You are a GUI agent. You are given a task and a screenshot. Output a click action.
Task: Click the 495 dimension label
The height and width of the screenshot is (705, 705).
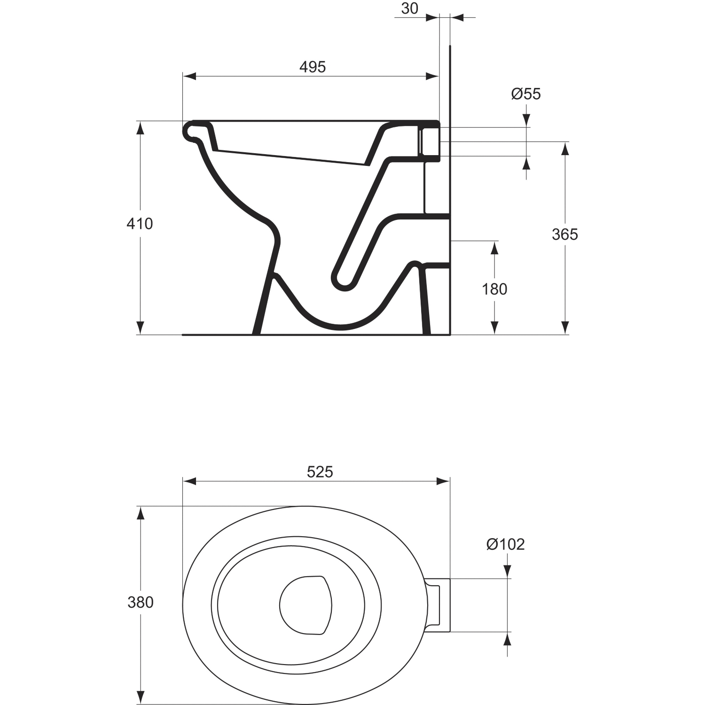click(x=313, y=67)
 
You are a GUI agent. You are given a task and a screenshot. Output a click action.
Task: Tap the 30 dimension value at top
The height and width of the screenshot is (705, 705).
click(x=410, y=8)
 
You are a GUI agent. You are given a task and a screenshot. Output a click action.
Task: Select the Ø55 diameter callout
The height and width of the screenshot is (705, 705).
click(x=526, y=94)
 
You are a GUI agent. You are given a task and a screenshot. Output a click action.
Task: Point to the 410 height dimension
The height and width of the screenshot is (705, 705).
click(x=140, y=224)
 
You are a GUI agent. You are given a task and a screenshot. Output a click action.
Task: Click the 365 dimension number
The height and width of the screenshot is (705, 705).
click(x=565, y=234)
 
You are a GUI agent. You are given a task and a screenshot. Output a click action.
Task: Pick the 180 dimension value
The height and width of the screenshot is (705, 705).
click(x=494, y=289)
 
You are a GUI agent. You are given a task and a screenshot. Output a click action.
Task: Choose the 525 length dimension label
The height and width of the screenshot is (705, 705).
click(x=320, y=471)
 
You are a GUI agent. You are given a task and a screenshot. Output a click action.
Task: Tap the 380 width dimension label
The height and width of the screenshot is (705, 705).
click(x=141, y=602)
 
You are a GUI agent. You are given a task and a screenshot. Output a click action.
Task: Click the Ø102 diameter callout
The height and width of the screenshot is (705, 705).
click(x=505, y=544)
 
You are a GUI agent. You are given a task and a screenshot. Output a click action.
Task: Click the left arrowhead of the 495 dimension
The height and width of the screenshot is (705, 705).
click(x=189, y=76)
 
